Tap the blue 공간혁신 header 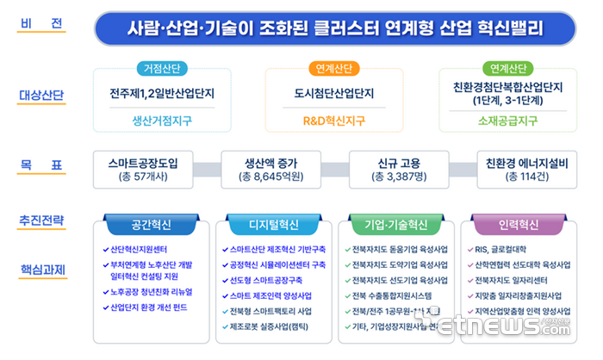pyautogui.click(x=152, y=225)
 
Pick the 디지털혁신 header pyautogui.click(x=273, y=225)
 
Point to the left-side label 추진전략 pyautogui.click(x=42, y=221)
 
